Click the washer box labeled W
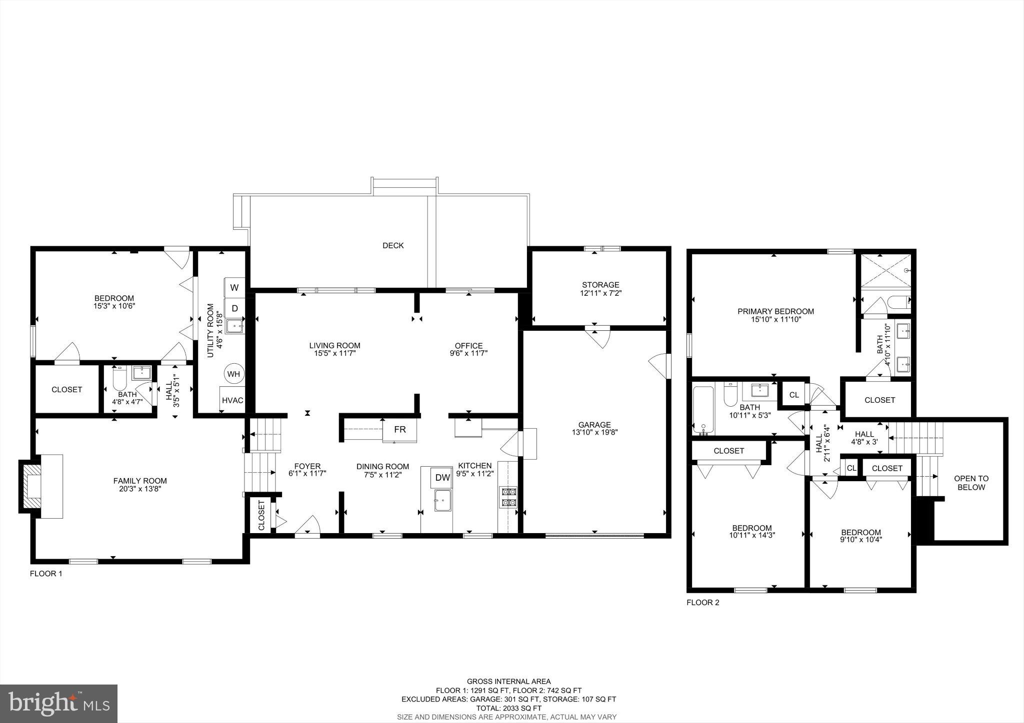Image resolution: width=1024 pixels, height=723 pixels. (234, 288)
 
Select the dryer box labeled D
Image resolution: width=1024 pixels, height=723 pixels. (234, 308)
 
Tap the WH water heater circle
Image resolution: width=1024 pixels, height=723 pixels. (233, 374)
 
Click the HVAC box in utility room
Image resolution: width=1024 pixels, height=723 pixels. (232, 400)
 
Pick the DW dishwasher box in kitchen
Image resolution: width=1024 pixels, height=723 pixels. (442, 478)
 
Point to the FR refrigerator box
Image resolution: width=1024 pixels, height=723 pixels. (399, 430)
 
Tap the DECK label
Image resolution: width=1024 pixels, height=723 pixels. (393, 245)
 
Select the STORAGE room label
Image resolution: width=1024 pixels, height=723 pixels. (600, 285)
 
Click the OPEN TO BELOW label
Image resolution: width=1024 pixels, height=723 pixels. (971, 483)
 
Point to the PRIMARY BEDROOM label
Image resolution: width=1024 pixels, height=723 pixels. (775, 311)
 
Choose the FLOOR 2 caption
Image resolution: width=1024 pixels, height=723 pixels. (702, 603)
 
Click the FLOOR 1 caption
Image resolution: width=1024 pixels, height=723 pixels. (46, 574)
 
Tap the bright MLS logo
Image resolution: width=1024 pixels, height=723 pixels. (58, 704)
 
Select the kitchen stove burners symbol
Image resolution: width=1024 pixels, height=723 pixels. (508, 497)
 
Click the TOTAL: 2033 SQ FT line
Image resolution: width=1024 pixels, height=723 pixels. (508, 708)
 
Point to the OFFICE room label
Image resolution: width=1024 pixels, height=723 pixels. (468, 346)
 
